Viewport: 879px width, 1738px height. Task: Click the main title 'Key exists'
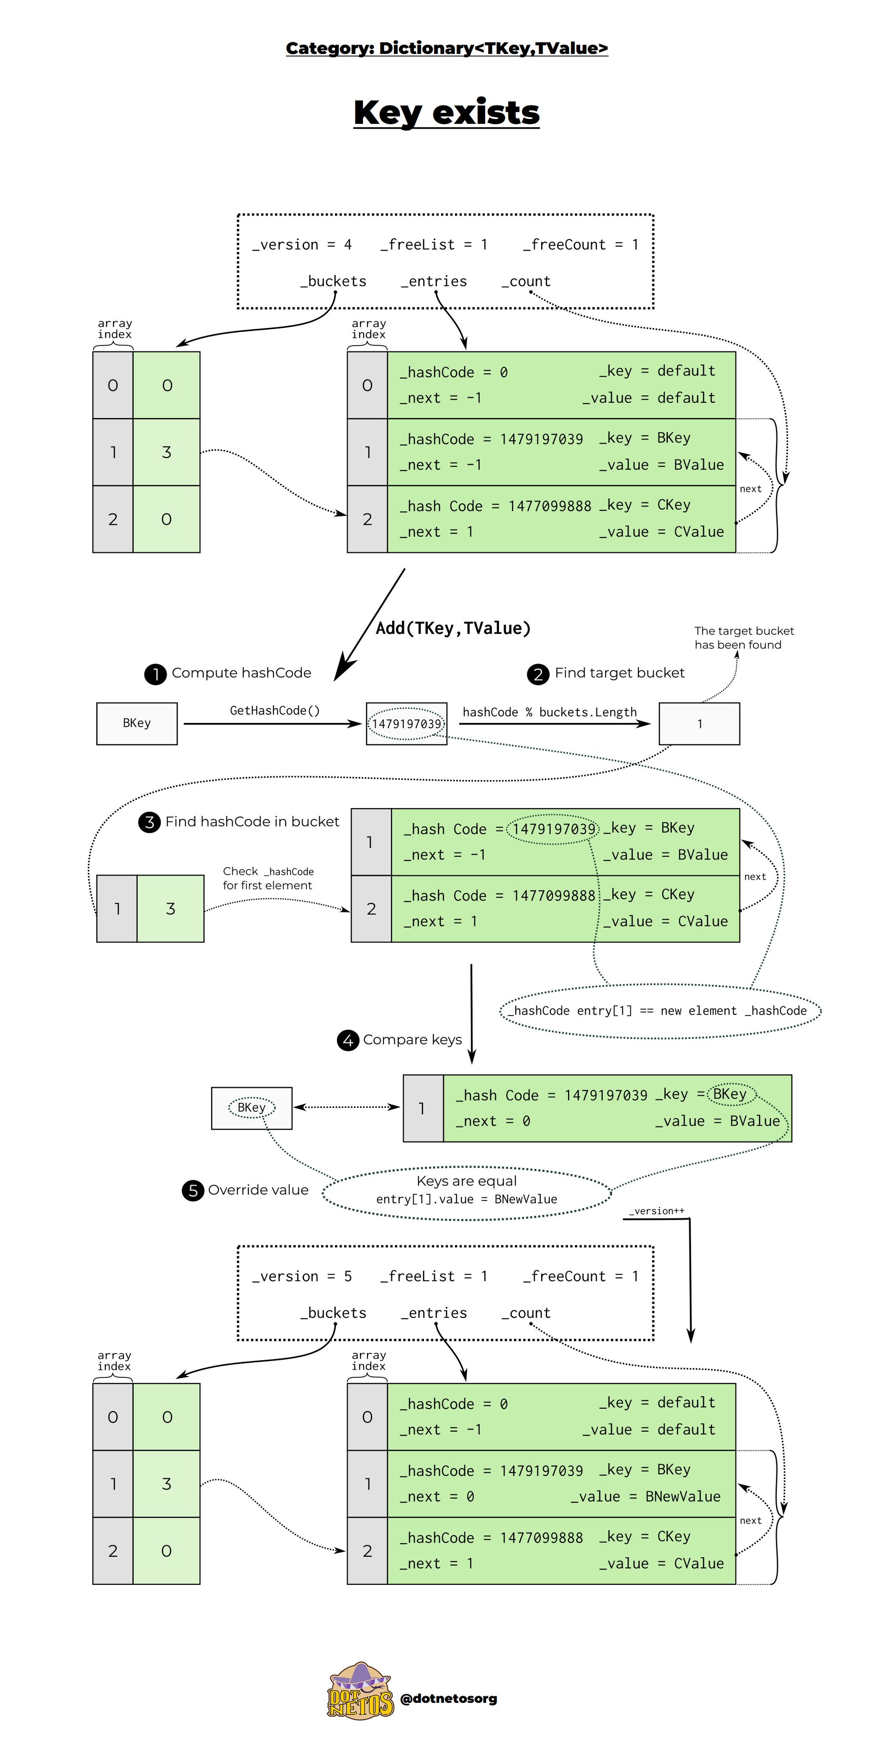446,113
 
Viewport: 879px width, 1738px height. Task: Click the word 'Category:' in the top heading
329,48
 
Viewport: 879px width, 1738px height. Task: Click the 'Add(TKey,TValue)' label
453,628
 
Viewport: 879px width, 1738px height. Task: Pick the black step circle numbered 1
155,674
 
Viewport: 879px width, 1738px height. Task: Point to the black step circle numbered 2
538,674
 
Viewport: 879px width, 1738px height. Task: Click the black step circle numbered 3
149,822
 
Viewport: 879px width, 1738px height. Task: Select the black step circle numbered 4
348,1040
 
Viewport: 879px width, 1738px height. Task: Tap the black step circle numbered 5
193,1191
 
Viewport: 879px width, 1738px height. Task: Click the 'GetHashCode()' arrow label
275,710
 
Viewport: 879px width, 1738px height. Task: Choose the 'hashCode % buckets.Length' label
550,712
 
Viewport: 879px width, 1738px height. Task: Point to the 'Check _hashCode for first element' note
268,878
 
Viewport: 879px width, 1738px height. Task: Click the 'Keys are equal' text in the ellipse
466,1181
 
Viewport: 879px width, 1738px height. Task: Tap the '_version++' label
656,1211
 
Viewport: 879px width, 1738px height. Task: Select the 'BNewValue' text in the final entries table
682,1497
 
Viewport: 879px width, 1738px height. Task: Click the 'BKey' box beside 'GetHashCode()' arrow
137,724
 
